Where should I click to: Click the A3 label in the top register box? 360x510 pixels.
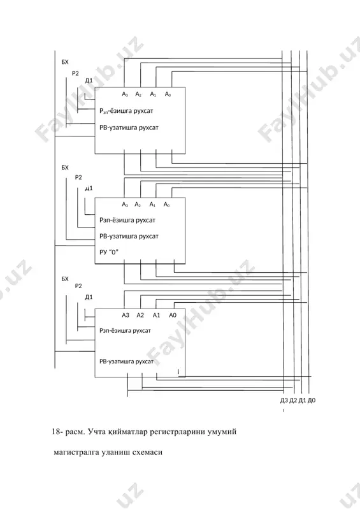(125, 94)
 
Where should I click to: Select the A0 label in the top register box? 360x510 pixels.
(168, 94)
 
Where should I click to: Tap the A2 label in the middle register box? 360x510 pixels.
(138, 205)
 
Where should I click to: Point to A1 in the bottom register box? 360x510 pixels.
(156, 315)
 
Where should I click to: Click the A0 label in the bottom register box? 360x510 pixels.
(173, 315)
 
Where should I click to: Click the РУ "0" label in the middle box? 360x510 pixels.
(109, 252)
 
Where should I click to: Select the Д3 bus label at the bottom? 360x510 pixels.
(284, 400)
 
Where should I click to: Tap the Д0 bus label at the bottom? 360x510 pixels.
(312, 400)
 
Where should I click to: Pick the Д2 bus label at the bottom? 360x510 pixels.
(293, 400)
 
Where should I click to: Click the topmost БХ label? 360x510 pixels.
(65, 62)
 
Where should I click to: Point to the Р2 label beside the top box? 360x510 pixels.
(75, 73)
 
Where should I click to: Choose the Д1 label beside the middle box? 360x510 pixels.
(89, 188)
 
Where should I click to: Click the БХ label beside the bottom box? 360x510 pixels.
(65, 279)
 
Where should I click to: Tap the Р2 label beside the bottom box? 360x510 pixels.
(78, 286)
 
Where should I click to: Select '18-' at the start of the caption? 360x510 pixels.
(57, 432)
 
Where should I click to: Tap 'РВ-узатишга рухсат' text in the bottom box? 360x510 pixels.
(127, 361)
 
